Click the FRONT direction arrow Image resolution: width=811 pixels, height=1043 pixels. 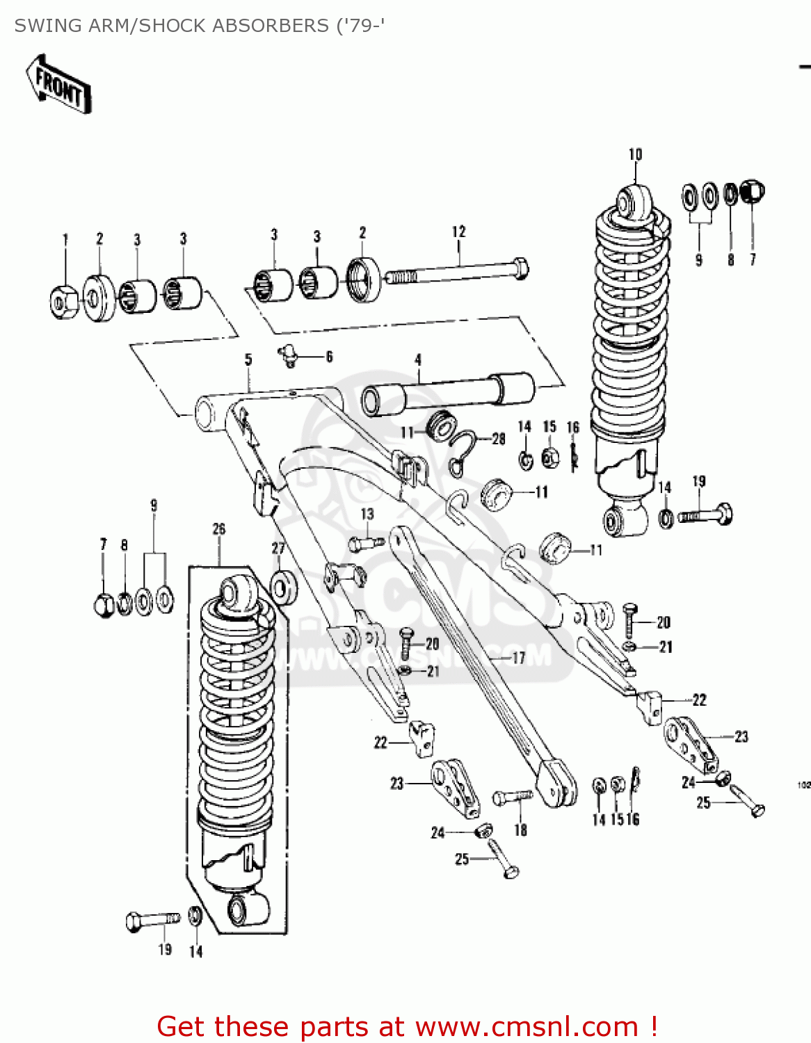(59, 85)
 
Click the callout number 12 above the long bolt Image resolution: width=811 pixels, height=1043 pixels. (458, 232)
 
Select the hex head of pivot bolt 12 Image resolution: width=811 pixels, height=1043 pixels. (518, 268)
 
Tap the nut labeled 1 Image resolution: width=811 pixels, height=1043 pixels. (63, 301)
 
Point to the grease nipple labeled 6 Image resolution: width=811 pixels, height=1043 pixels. (289, 356)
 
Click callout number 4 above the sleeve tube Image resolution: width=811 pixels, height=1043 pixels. (418, 359)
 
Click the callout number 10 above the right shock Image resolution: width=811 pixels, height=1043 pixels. (635, 154)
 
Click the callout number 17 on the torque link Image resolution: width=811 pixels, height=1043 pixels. (518, 657)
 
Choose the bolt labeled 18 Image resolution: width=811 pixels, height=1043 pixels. (513, 797)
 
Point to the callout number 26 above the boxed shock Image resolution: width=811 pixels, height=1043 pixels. (219, 528)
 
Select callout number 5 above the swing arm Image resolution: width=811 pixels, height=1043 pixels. (248, 359)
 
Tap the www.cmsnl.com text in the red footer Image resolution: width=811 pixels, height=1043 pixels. (527, 1026)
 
